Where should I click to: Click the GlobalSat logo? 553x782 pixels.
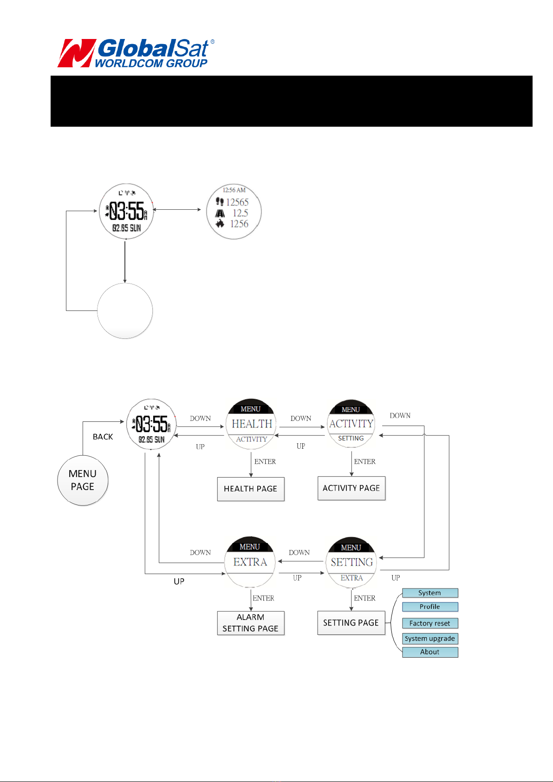pyautogui.click(x=136, y=53)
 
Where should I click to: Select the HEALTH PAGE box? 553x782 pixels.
pyautogui.click(x=250, y=489)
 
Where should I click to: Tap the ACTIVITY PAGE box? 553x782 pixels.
pyautogui.click(x=351, y=488)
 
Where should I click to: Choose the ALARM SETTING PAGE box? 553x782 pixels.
pyautogui.click(x=250, y=623)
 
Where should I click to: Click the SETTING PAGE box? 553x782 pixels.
pyautogui.click(x=351, y=622)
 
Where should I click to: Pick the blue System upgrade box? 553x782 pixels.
pyautogui.click(x=429, y=639)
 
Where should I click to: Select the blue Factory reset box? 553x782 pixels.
pyautogui.click(x=429, y=623)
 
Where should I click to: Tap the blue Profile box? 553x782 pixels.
pyautogui.click(x=429, y=607)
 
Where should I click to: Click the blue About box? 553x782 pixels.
pyautogui.click(x=429, y=652)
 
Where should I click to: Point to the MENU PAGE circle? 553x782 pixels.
pyautogui.click(x=83, y=480)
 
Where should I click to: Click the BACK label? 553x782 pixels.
pyautogui.click(x=103, y=437)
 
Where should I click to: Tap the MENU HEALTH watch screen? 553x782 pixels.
pyautogui.click(x=251, y=424)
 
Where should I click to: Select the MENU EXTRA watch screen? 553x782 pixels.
pyautogui.click(x=250, y=562)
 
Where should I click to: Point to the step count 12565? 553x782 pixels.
pyautogui.click(x=237, y=202)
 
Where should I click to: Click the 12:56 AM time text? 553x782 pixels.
pyautogui.click(x=234, y=190)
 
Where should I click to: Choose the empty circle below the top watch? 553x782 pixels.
pyautogui.click(x=125, y=310)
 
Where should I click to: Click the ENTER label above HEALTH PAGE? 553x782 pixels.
pyautogui.click(x=265, y=461)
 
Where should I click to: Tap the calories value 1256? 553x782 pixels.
pyautogui.click(x=239, y=224)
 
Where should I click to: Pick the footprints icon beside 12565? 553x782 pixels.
pyautogui.click(x=219, y=201)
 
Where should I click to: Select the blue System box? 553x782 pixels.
pyautogui.click(x=429, y=593)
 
